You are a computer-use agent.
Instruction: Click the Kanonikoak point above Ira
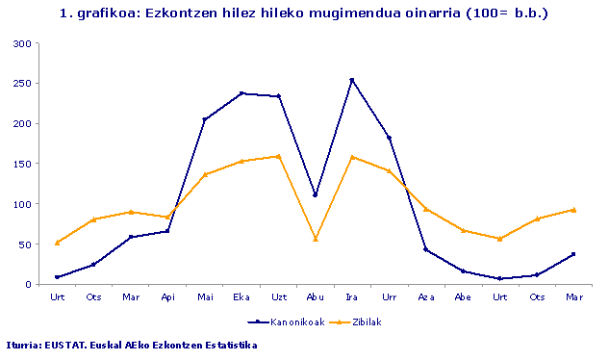click(352, 80)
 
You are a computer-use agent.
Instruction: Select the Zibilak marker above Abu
click(316, 239)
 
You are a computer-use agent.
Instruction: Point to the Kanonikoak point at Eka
click(241, 93)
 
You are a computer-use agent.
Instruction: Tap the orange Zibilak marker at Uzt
click(279, 156)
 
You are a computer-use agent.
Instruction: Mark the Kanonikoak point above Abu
click(316, 194)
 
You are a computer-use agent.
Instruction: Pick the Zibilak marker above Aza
click(426, 209)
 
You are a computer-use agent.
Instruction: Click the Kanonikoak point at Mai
click(205, 119)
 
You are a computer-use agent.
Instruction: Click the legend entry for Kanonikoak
click(280, 321)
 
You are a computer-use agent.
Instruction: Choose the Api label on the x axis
click(167, 296)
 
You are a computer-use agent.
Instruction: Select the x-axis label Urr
click(389, 296)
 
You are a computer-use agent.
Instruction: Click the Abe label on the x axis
click(463, 296)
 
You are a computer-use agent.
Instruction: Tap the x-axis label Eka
click(241, 296)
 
